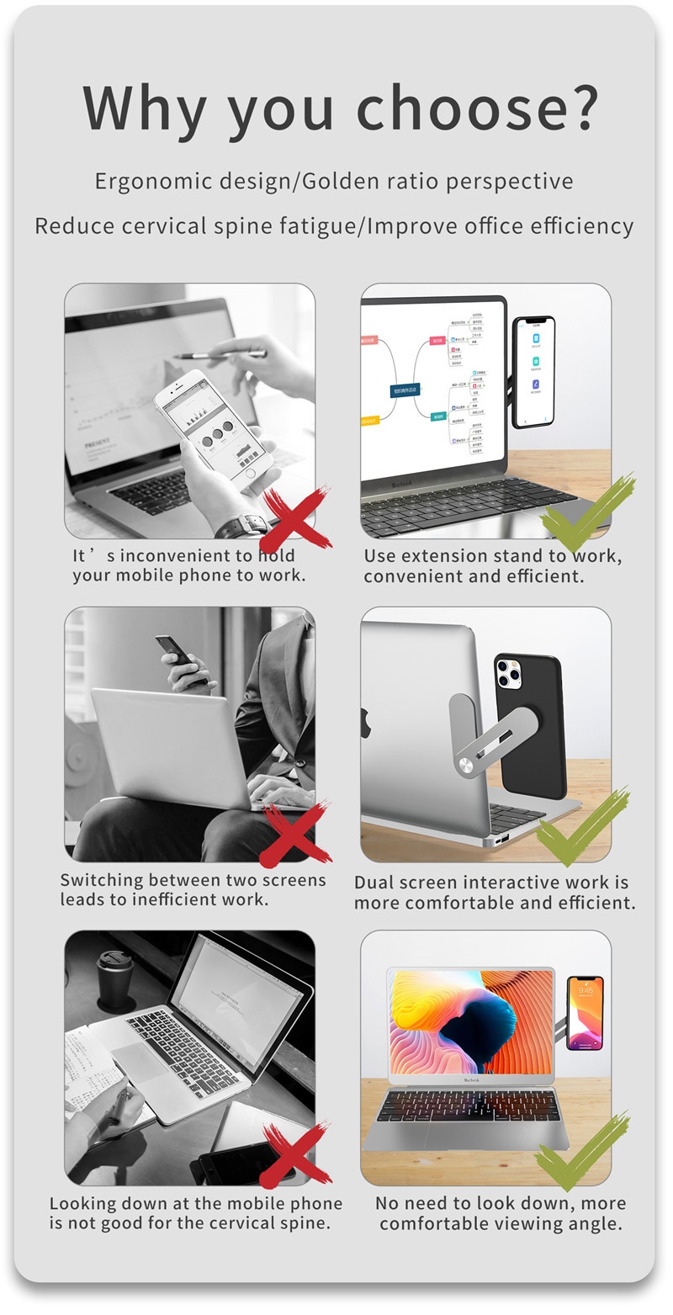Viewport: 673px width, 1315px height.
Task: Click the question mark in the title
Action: tap(579, 107)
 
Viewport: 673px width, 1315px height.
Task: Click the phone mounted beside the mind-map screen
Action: tap(534, 371)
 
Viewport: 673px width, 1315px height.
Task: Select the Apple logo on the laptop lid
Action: tap(367, 723)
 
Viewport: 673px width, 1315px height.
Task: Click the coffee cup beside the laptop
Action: tap(116, 980)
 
